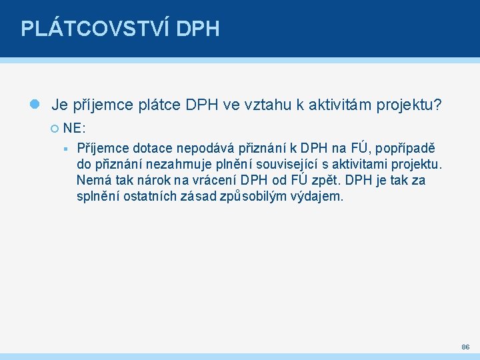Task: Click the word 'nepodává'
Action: [x=201, y=148]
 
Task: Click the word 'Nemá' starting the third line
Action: [x=91, y=181]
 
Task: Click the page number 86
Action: [x=465, y=347]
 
